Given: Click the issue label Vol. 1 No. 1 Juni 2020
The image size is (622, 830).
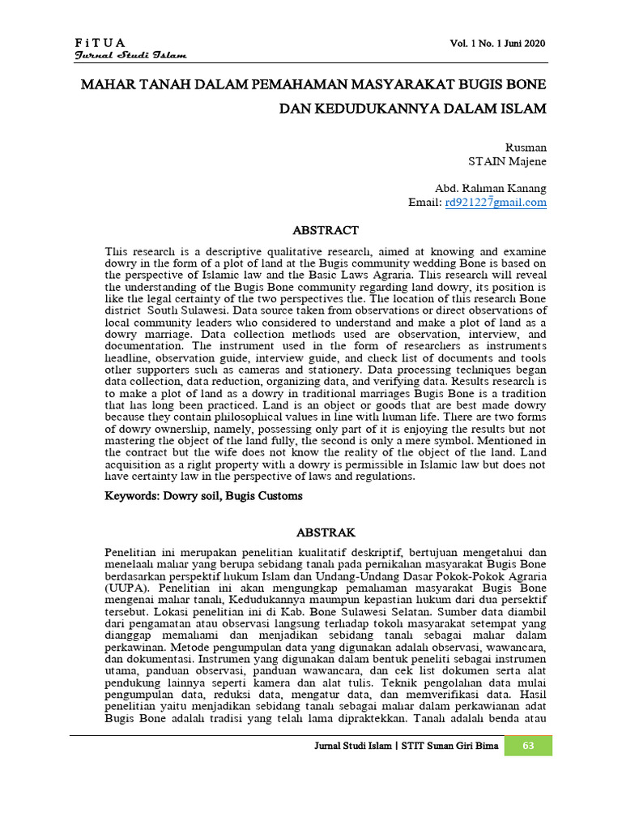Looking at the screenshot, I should tap(500, 43).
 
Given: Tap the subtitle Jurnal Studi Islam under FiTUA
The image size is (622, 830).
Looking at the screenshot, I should tap(130, 55).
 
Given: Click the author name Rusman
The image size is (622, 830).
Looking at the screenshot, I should tap(526, 148).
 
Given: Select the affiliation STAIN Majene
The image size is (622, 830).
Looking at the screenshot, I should tap(507, 161).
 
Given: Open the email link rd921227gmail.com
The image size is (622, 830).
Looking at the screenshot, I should tap(496, 202).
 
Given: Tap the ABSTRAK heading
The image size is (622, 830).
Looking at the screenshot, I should tap(326, 532).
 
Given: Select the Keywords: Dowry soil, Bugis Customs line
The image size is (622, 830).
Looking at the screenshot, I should tap(204, 495).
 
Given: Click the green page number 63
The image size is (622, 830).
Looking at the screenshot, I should tap(528, 746).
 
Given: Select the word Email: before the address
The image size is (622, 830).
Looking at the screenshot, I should tap(425, 202).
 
